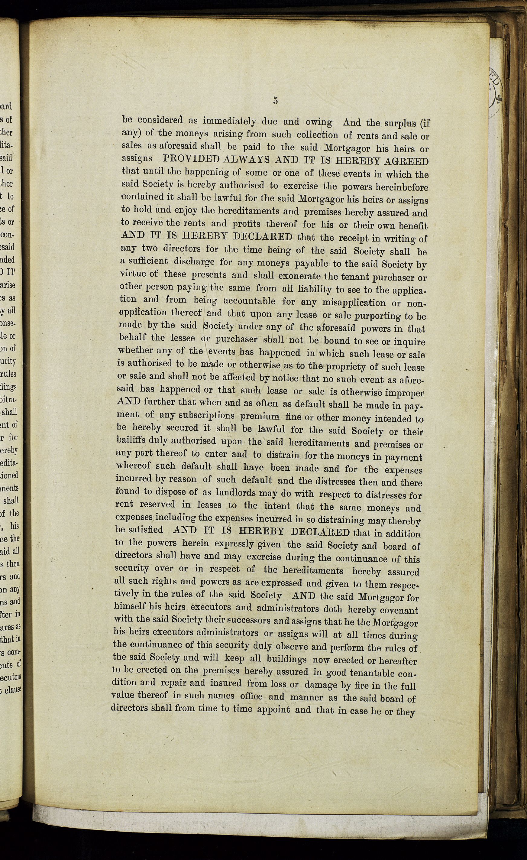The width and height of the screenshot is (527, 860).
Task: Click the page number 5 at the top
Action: pyautogui.click(x=275, y=101)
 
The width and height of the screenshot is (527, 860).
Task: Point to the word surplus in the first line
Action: pyautogui.click(x=398, y=123)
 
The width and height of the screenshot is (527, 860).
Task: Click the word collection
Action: pyautogui.click(x=318, y=135)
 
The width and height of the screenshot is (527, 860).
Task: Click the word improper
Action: pyautogui.click(x=405, y=392)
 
